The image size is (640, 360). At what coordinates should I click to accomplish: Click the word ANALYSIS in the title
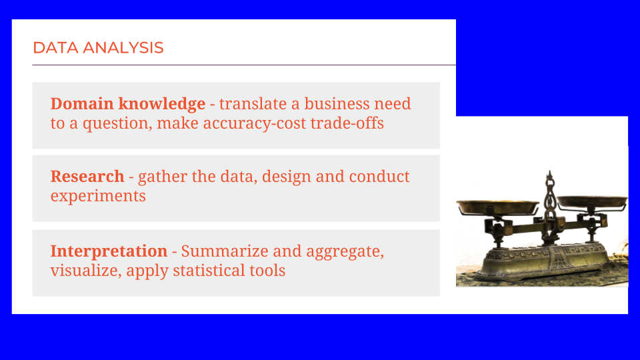[123, 48]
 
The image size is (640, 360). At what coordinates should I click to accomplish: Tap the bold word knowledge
[162, 105]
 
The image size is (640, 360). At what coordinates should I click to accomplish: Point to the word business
[337, 104]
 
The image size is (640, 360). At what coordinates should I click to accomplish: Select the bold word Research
[87, 176]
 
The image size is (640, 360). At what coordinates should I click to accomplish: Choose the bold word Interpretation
[109, 252]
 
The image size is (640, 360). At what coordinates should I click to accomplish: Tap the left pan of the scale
[497, 207]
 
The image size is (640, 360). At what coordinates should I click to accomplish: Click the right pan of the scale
[592, 201]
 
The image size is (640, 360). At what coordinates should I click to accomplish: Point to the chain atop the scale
[550, 195]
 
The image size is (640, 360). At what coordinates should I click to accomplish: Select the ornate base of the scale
[546, 261]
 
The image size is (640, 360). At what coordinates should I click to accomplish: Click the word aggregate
[345, 252]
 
